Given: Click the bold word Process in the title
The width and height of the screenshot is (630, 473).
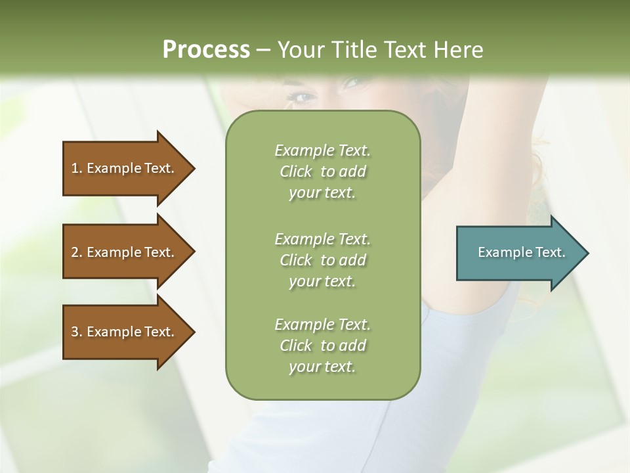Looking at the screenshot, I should click(206, 50).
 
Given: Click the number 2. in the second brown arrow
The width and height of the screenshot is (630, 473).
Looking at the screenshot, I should click(77, 252).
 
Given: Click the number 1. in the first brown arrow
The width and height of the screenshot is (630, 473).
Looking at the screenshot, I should click(77, 168).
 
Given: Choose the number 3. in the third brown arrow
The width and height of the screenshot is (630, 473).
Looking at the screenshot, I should click(77, 332).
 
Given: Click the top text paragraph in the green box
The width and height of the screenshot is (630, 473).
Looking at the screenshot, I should click(322, 171).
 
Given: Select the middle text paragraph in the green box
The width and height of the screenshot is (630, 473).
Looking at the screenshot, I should click(322, 260).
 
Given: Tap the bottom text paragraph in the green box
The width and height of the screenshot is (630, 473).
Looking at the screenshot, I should click(322, 346).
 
